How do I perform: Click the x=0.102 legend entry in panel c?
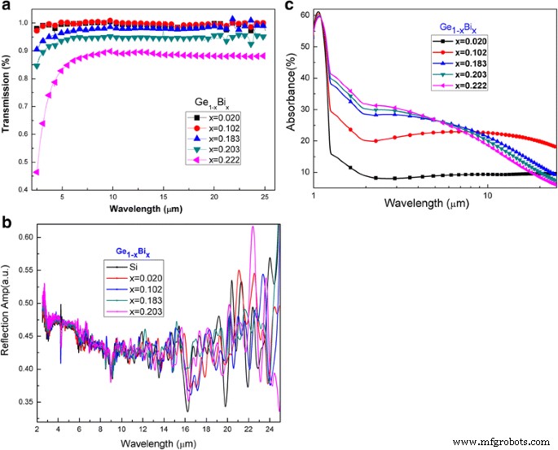coord(464,72)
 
